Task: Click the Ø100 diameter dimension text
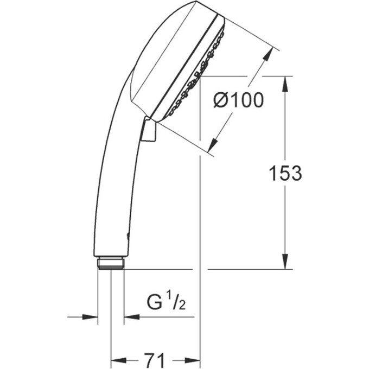[238, 100]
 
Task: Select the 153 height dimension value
[285, 173]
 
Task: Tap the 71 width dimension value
[155, 359]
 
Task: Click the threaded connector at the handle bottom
[111, 263]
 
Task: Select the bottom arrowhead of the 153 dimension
[285, 263]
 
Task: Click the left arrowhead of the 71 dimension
[117, 359]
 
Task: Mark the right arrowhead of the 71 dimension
[194, 359]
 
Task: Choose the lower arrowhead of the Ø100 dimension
[213, 145]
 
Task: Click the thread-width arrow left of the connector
[90, 317]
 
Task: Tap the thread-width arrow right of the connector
[132, 317]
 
